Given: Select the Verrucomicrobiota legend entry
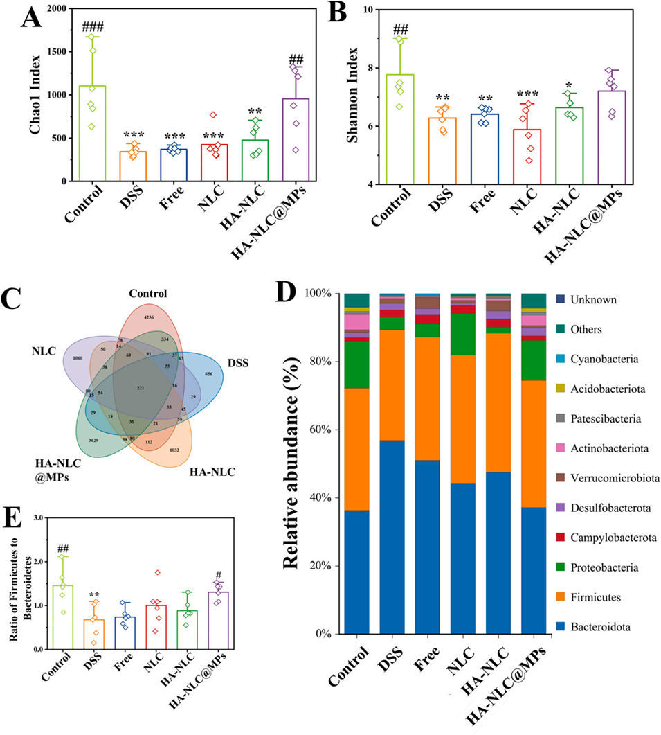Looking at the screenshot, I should (609, 477).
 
